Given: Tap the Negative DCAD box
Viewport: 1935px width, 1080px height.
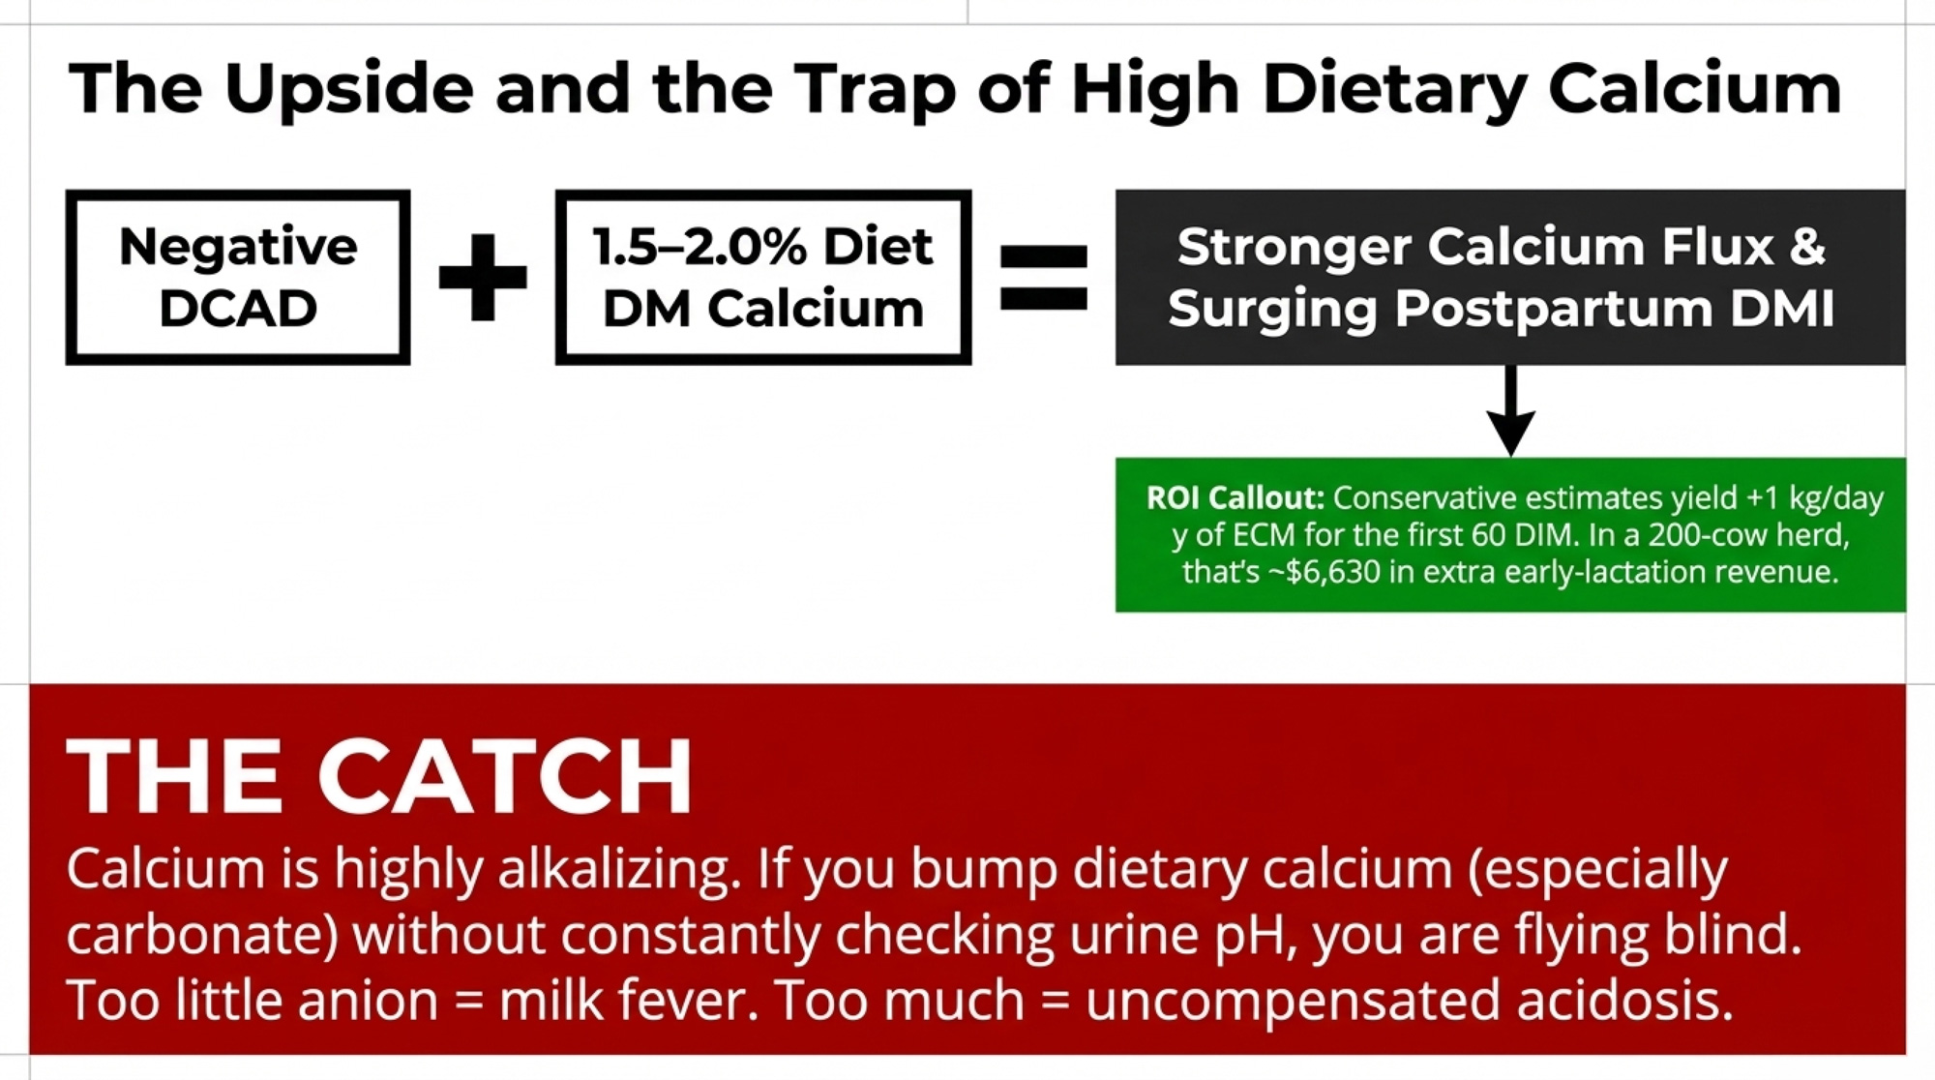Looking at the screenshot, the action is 238,277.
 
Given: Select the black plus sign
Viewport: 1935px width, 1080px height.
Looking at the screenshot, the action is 483,277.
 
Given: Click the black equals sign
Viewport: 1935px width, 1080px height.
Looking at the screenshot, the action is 1044,278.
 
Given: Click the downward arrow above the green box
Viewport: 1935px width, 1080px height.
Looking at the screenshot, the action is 1510,410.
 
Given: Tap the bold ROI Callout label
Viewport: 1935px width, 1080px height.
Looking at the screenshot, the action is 1235,497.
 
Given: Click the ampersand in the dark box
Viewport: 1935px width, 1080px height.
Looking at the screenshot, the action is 1806,247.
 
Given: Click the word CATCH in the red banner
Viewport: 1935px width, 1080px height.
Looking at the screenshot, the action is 504,776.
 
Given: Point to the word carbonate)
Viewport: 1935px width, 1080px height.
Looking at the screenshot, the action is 201,936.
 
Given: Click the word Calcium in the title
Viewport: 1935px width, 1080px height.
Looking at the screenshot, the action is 1694,88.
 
